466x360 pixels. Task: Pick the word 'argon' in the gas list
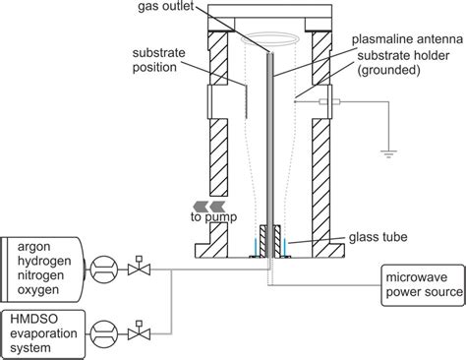pyautogui.click(x=34, y=242)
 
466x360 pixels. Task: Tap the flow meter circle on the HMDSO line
pyautogui.click(x=101, y=324)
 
